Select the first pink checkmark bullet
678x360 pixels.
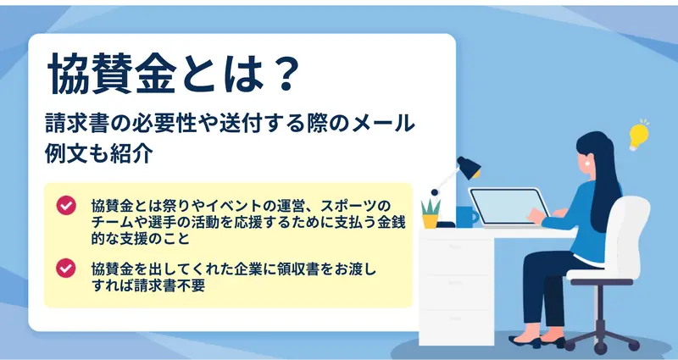click(x=66, y=206)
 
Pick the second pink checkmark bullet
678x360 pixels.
click(x=66, y=268)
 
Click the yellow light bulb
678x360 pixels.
click(x=639, y=136)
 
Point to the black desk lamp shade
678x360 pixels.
click(x=469, y=167)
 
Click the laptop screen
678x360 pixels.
click(x=508, y=206)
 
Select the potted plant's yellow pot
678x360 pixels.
click(x=431, y=221)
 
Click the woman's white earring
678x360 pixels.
click(x=588, y=163)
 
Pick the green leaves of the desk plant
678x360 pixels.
click(x=431, y=206)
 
